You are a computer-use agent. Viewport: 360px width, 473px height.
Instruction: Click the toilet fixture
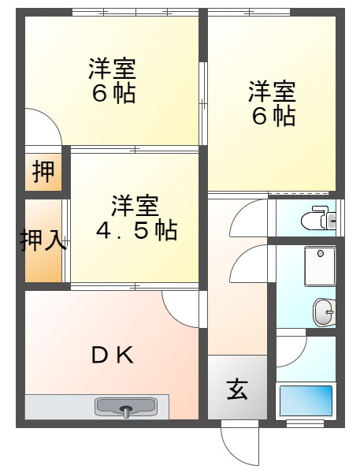(x=319, y=217)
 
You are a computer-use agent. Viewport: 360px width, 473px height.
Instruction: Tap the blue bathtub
(x=306, y=401)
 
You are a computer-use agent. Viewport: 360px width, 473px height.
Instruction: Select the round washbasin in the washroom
(x=323, y=312)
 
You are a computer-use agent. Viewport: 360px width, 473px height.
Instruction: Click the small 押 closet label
(x=43, y=171)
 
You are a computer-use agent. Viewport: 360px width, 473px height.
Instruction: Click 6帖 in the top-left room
(x=113, y=94)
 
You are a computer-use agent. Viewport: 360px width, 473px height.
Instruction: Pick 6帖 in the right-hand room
(x=273, y=116)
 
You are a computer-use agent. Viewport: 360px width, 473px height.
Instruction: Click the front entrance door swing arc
(x=239, y=445)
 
